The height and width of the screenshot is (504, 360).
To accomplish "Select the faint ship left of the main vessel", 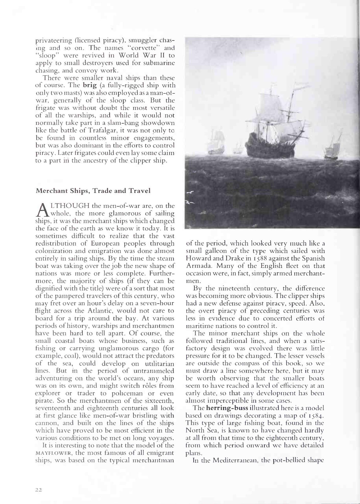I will point(217,144).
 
